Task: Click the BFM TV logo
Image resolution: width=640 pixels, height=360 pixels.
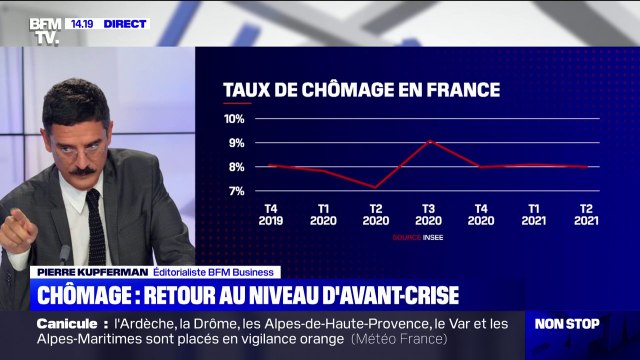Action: pyautogui.click(x=43, y=31)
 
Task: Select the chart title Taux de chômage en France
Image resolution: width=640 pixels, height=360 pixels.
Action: pyautogui.click(x=361, y=89)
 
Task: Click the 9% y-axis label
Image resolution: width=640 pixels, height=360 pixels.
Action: pyautogui.click(x=236, y=143)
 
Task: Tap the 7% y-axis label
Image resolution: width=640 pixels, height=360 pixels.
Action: pyautogui.click(x=236, y=191)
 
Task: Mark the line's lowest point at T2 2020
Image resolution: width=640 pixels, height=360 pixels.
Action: pyautogui.click(x=374, y=187)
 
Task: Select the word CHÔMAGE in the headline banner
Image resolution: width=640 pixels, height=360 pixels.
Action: pyautogui.click(x=94, y=295)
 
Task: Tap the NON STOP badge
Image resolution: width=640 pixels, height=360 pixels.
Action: pyautogui.click(x=567, y=324)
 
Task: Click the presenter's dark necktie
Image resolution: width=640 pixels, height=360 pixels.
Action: pyautogui.click(x=96, y=225)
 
